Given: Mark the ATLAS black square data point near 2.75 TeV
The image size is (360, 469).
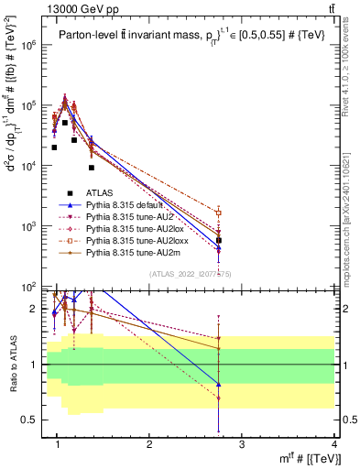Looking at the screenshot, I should coord(219,240).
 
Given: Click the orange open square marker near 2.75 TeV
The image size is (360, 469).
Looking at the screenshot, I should coord(219,213).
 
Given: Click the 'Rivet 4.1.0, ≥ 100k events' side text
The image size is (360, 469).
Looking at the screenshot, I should coord(348,64).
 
